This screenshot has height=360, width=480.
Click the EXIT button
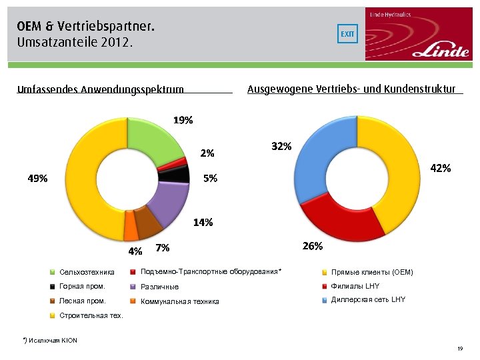click(347, 34)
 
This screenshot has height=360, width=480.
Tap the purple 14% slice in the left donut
click(168, 203)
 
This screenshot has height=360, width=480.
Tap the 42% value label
click(440, 169)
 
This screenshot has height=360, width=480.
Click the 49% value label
click(37, 179)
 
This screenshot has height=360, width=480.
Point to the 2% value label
click(207, 153)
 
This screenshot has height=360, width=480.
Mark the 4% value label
click(135, 251)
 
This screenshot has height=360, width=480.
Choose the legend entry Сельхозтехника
click(87, 272)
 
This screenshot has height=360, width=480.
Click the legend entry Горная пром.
click(82, 287)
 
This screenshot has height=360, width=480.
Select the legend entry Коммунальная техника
click(179, 301)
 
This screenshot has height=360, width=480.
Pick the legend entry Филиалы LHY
click(355, 287)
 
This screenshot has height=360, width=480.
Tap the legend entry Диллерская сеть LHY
click(367, 300)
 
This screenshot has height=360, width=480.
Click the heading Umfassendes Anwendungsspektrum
click(100, 89)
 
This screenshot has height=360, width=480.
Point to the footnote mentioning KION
click(50, 341)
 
